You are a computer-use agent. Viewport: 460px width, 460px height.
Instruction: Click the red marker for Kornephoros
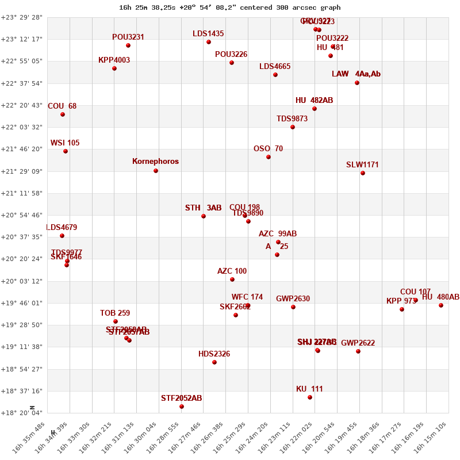pyautogui.click(x=156, y=171)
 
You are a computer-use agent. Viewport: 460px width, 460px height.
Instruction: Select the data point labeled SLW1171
pyautogui.click(x=363, y=173)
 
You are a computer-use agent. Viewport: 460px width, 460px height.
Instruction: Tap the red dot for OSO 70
pyautogui.click(x=269, y=157)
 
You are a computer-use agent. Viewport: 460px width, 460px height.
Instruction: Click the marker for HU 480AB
pyautogui.click(x=441, y=305)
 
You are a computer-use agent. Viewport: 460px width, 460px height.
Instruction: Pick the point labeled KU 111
pyautogui.click(x=310, y=397)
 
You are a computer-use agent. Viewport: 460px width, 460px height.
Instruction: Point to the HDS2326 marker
pyautogui.click(x=214, y=362)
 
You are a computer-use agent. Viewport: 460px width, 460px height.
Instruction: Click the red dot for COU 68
pyautogui.click(x=63, y=114)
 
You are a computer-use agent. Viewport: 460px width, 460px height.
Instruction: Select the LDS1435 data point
pyautogui.click(x=209, y=42)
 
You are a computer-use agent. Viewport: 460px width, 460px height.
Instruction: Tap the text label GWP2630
pyautogui.click(x=293, y=299)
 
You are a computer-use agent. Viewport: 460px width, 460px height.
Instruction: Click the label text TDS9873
pyautogui.click(x=292, y=119)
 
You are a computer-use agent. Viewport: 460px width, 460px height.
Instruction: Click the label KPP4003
pyautogui.click(x=114, y=60)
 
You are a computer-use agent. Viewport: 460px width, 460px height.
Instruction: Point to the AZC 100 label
pyautogui.click(x=232, y=271)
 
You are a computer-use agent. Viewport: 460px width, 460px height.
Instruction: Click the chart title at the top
pyautogui.click(x=230, y=7)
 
